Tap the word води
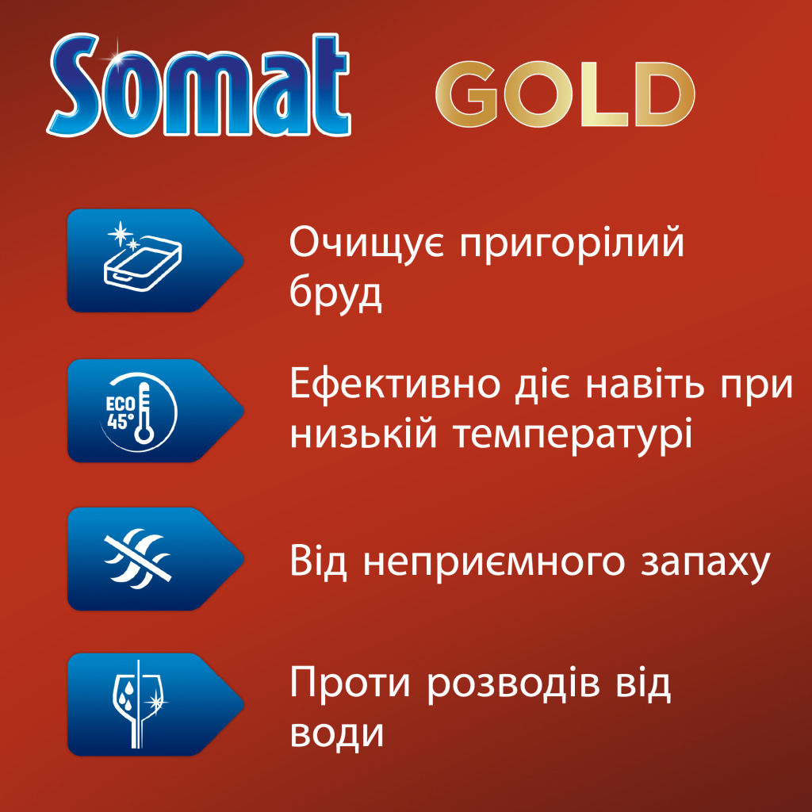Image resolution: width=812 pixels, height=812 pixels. (x=338, y=734)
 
